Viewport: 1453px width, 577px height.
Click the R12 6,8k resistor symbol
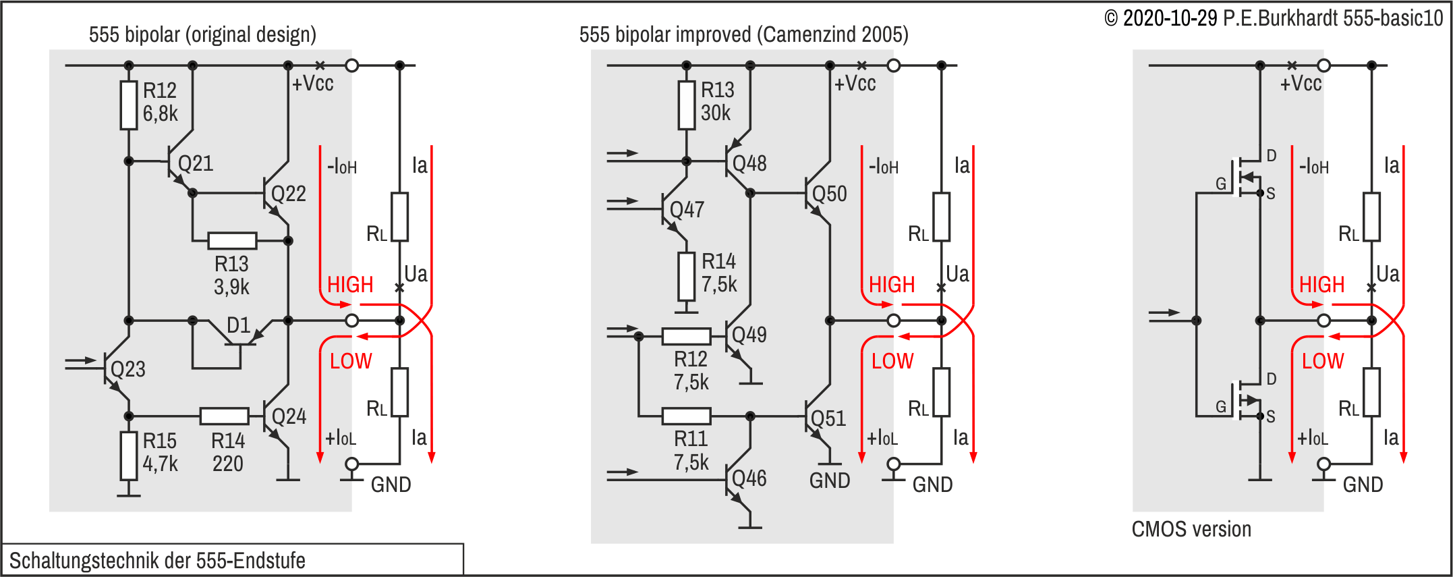point(129,105)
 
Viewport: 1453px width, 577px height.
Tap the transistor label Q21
point(196,163)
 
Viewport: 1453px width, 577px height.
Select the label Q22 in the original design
point(288,194)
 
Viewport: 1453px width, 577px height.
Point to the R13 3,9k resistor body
point(232,241)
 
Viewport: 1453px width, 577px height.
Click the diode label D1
point(238,325)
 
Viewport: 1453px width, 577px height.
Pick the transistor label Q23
point(128,369)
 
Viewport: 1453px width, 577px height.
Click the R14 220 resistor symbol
point(225,416)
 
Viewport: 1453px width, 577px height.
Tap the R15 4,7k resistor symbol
point(129,456)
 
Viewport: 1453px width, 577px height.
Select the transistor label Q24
point(289,416)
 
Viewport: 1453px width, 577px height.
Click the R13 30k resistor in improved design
point(687,105)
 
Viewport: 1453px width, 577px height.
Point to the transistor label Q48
point(749,163)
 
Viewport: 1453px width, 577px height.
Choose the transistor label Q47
point(687,210)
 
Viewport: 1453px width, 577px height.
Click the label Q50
point(829,194)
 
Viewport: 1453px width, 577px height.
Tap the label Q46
point(749,478)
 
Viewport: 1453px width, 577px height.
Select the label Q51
point(828,418)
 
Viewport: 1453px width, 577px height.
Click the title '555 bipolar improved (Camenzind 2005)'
point(743,34)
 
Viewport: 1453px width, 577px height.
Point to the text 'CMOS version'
point(1191,529)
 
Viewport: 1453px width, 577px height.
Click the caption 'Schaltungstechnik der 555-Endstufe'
point(157,560)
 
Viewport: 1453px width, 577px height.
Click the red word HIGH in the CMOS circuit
point(1321,285)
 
